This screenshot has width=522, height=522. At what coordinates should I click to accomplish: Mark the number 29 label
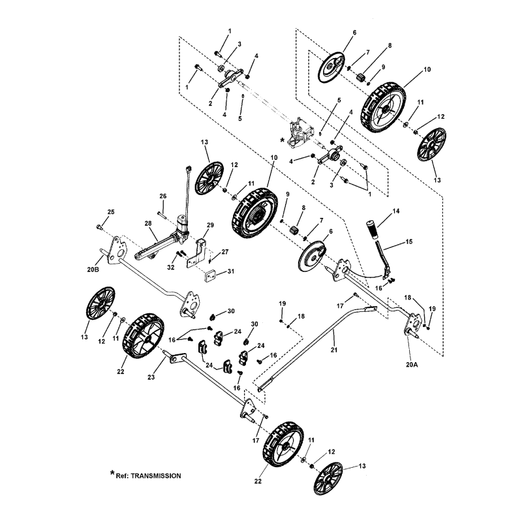point(211,225)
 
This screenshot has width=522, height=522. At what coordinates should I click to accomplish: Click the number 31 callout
point(230,272)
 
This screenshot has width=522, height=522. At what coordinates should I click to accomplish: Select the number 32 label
point(170,268)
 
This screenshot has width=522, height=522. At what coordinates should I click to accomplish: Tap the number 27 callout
point(224,252)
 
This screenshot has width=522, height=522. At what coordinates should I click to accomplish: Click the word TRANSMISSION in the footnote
point(151,476)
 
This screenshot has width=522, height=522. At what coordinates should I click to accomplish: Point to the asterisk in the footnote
point(112,473)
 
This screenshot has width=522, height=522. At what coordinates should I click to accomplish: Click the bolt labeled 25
point(98,226)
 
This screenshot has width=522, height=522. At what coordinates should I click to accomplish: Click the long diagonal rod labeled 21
point(307,350)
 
